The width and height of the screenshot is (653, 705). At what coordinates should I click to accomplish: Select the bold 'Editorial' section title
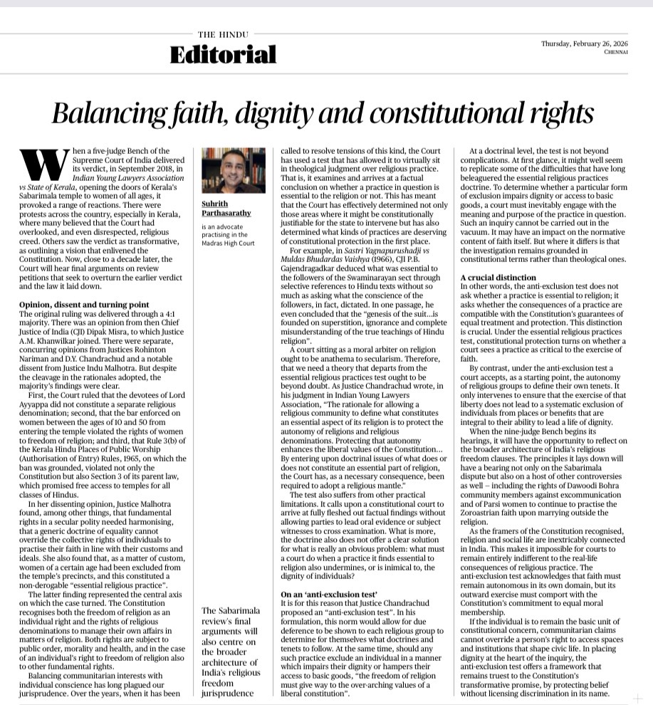pos(223,54)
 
